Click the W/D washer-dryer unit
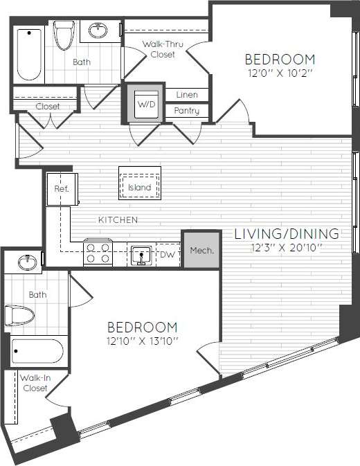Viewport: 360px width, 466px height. pyautogui.click(x=145, y=104)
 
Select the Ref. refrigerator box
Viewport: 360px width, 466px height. pyautogui.click(x=61, y=188)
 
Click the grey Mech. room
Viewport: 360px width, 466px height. pyautogui.click(x=201, y=250)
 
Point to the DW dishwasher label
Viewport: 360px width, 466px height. pyautogui.click(x=167, y=256)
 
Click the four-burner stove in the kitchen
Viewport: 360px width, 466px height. pyautogui.click(x=98, y=253)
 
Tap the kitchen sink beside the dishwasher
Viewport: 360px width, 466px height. pyautogui.click(x=141, y=255)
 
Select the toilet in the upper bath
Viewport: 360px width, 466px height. pyautogui.click(x=64, y=35)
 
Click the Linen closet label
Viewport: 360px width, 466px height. pyautogui.click(x=187, y=94)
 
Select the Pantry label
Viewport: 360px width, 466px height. pyautogui.click(x=187, y=111)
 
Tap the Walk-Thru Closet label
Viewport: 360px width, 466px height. pyautogui.click(x=162, y=48)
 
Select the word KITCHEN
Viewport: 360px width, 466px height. pyautogui.click(x=118, y=219)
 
